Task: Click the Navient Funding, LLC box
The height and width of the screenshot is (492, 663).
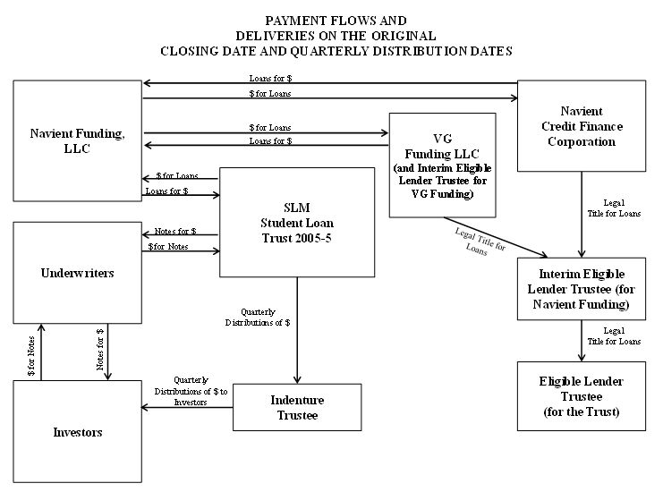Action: click(77, 140)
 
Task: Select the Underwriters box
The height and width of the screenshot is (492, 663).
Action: click(77, 273)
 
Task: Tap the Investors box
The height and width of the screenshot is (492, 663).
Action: click(77, 431)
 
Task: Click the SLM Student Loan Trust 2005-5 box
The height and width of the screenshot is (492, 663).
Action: click(297, 223)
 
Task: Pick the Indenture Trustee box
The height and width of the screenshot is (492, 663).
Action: click(297, 407)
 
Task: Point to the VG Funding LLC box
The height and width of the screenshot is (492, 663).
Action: click(442, 165)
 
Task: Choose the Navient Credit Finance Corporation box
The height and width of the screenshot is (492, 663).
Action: click(582, 126)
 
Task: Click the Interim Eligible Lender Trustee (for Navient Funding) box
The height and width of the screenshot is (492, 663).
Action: click(582, 289)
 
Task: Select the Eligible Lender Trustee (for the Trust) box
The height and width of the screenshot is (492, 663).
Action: click(582, 396)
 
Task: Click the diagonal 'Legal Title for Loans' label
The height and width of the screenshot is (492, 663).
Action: click(480, 242)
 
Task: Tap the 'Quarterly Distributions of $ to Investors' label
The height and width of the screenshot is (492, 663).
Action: click(191, 392)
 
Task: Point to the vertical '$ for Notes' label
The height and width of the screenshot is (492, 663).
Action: click(31, 356)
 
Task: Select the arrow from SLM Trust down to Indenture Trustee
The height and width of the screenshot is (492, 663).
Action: click(297, 331)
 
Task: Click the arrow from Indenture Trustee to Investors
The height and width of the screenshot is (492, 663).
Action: click(187, 407)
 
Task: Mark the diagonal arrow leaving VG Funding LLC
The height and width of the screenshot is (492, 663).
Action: click(496, 237)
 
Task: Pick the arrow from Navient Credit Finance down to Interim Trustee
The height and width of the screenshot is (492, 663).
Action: click(582, 215)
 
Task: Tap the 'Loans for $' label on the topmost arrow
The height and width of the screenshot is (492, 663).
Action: click(270, 78)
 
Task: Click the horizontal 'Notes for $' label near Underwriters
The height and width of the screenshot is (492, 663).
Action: click(175, 231)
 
